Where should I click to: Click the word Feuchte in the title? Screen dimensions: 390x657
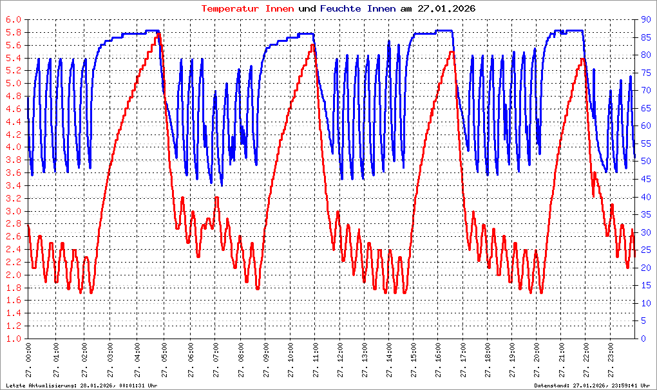[341, 8]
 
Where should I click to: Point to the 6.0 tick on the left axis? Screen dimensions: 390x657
[14, 20]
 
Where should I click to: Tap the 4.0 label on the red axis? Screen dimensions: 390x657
[14, 147]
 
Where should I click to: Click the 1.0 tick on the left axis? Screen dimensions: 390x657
[14, 339]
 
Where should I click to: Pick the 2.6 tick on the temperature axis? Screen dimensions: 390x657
[14, 237]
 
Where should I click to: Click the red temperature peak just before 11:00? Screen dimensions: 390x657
[312, 44]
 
